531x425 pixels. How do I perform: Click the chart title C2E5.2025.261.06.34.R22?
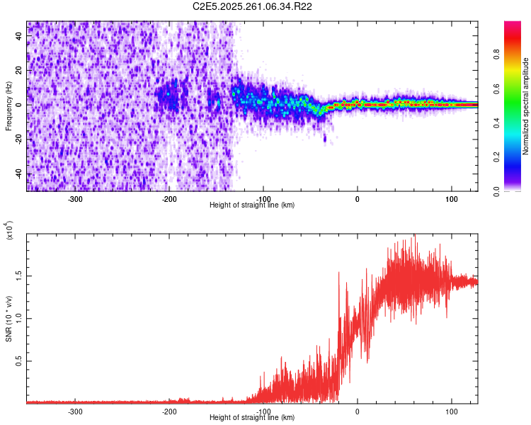(x=253, y=6)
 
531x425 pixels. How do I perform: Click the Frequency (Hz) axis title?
(x=8, y=106)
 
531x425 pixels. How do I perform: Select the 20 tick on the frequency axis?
(x=20, y=70)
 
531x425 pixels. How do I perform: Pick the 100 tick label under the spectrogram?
(x=451, y=198)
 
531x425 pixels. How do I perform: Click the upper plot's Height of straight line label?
(x=252, y=205)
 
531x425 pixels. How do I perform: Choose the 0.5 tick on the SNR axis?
(x=20, y=361)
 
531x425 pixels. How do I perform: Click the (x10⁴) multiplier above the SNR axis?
(x=8, y=230)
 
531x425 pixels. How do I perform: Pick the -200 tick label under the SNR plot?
(x=169, y=411)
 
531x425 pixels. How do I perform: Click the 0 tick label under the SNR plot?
(x=358, y=411)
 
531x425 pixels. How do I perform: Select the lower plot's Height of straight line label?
(x=252, y=418)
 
